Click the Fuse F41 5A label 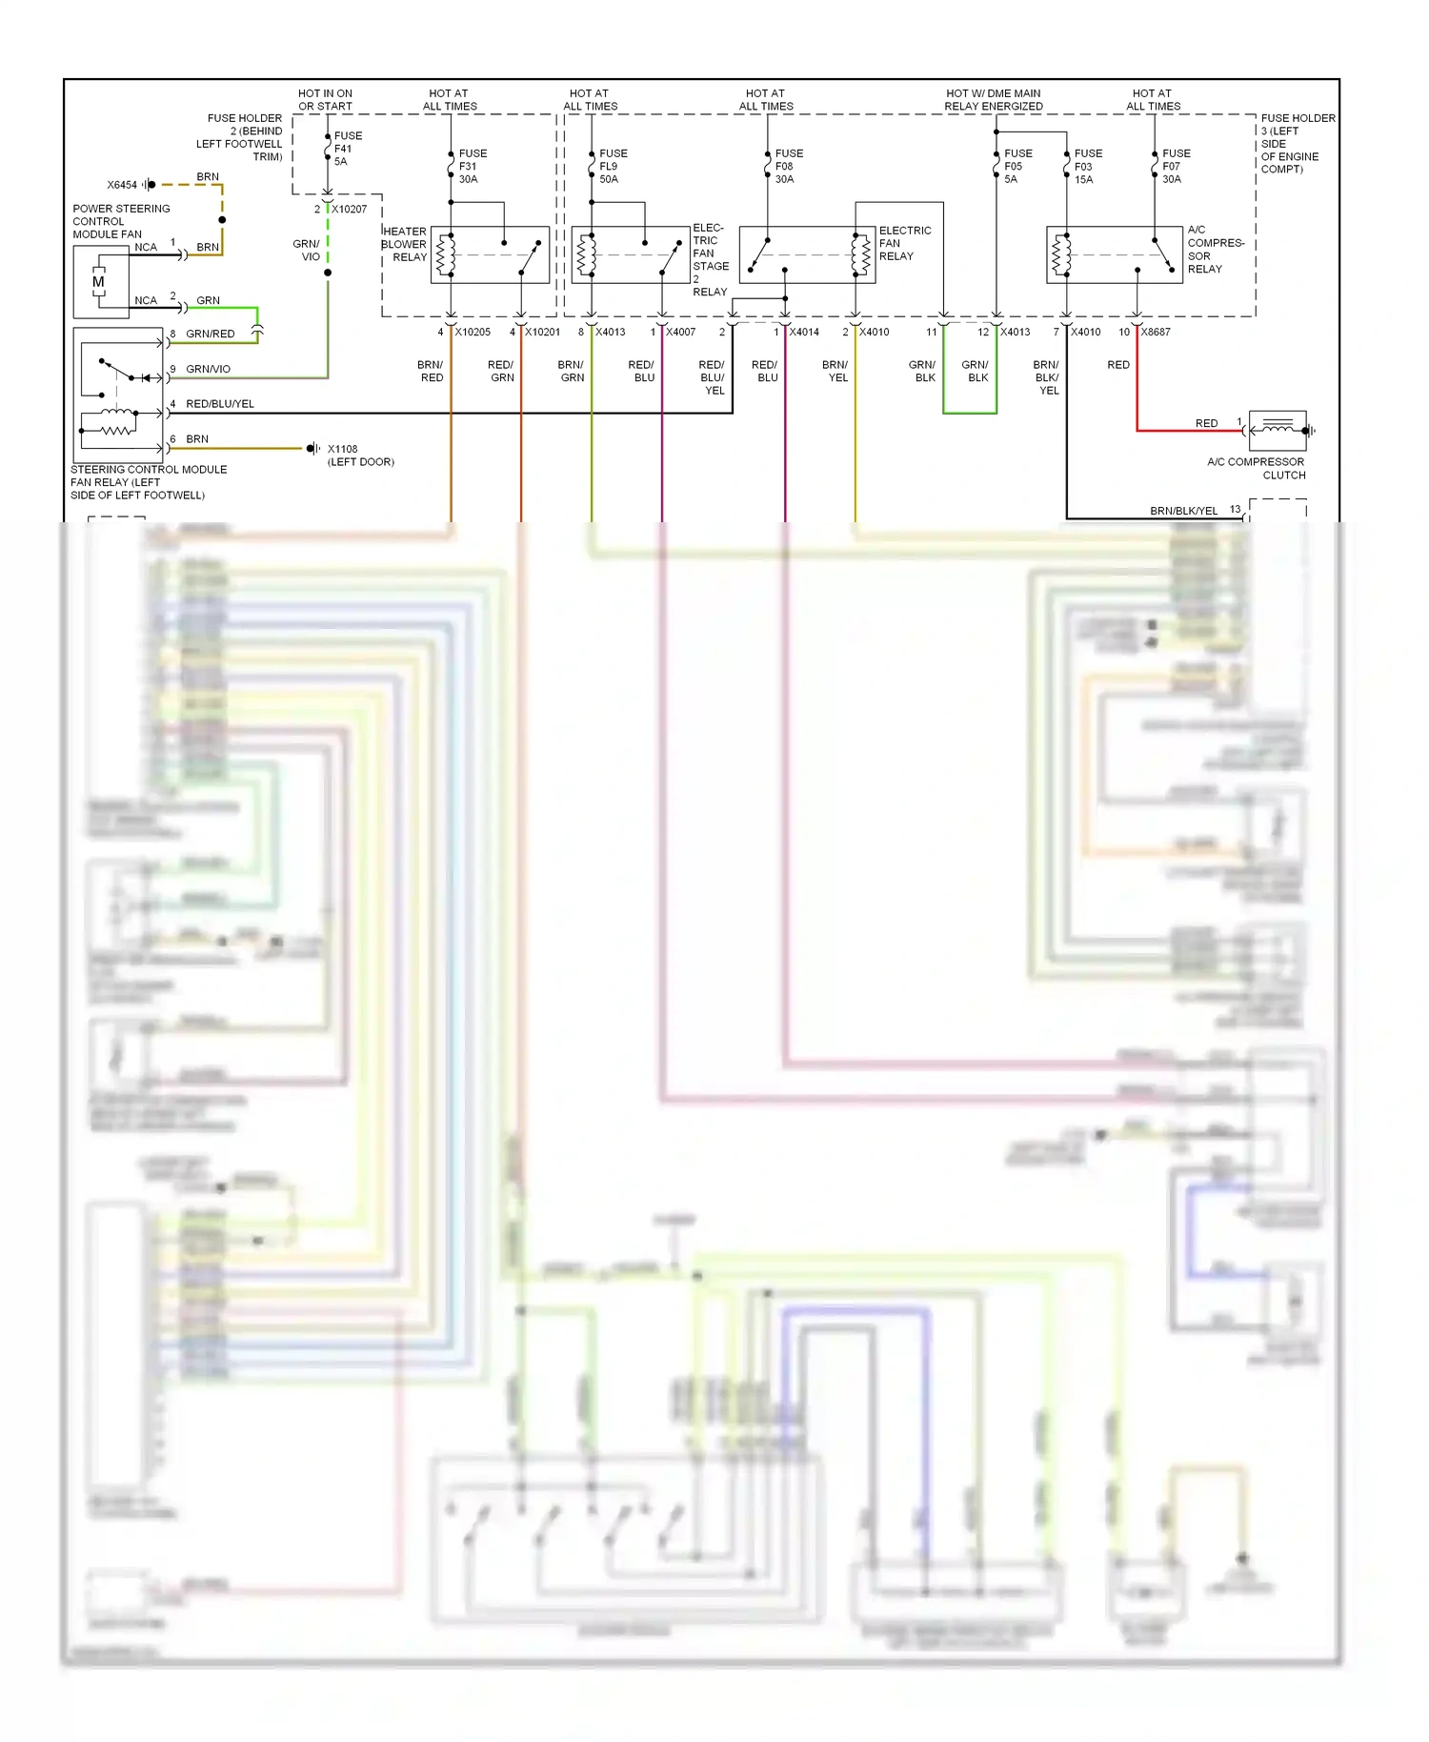(x=347, y=149)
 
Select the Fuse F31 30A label (x=472, y=166)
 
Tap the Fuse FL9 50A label (x=613, y=166)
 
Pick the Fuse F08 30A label (x=788, y=166)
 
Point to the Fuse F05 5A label (x=1016, y=166)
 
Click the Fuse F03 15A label (x=1087, y=166)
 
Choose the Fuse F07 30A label (x=1175, y=166)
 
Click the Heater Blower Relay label (x=405, y=245)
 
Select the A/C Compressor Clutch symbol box (x=1277, y=431)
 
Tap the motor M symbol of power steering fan (x=99, y=282)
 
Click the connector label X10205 (x=473, y=333)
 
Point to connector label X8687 (x=1156, y=333)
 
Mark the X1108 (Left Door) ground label (x=359, y=456)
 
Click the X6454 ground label (x=122, y=185)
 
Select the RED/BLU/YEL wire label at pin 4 (x=220, y=404)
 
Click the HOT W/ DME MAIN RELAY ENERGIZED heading (x=993, y=100)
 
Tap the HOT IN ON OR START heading (x=325, y=100)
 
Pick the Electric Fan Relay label (x=904, y=244)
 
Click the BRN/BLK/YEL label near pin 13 (x=1183, y=511)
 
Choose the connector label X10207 (x=349, y=210)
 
